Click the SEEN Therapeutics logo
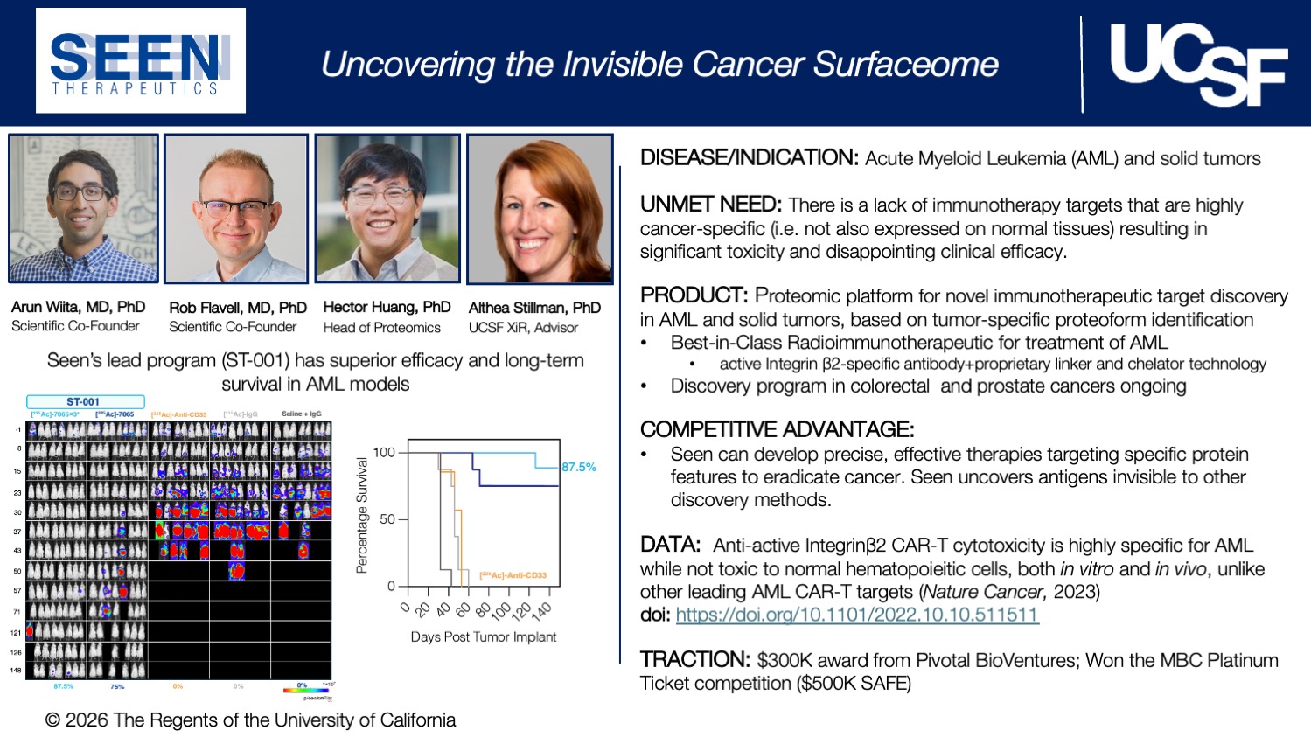point(140,61)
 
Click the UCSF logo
point(1197,64)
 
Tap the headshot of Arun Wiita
point(84,208)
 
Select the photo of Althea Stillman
point(540,210)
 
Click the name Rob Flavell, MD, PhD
point(237,308)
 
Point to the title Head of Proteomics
point(381,328)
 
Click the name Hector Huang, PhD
point(387,307)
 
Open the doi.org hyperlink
point(856,615)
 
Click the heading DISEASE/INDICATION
point(750,158)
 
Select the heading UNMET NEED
point(710,205)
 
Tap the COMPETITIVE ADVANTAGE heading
point(777,429)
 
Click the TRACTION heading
point(695,660)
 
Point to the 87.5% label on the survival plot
point(579,467)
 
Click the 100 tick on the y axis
point(384,452)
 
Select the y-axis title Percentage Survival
point(361,515)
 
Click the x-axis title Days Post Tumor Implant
point(483,636)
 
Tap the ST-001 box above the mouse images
point(84,402)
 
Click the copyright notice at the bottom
point(250,720)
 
